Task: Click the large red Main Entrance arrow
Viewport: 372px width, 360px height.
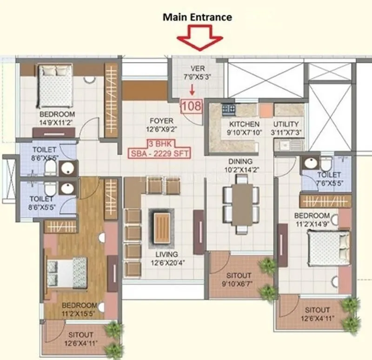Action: click(x=203, y=38)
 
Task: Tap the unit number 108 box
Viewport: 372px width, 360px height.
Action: click(x=192, y=106)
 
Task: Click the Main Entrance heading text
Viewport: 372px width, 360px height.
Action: click(x=197, y=17)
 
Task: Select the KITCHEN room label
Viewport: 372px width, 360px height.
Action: click(x=245, y=124)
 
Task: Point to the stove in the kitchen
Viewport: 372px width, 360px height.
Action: click(x=228, y=109)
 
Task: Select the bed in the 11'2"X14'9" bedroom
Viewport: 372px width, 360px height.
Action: click(x=328, y=248)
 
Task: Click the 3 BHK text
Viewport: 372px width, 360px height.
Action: click(x=161, y=143)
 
